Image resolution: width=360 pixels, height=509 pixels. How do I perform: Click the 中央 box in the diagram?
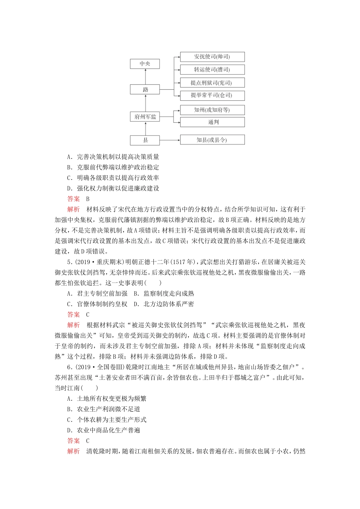click(145, 64)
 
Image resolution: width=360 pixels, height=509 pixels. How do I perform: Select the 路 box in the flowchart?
click(145, 90)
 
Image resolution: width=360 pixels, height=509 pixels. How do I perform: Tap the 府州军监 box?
click(145, 117)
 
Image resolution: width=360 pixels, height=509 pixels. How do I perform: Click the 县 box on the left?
click(145, 141)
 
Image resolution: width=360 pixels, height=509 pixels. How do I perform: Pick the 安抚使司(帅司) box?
click(212, 57)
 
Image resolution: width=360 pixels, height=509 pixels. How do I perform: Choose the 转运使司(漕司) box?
click(212, 70)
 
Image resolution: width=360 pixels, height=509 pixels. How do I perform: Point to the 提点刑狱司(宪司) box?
click(212, 83)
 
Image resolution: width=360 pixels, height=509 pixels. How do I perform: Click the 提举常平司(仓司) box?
click(212, 95)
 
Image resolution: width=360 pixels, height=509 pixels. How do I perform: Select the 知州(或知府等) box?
click(212, 110)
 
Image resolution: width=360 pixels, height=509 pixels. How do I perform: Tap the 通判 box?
click(212, 122)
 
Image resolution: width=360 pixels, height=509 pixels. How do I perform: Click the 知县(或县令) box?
click(212, 140)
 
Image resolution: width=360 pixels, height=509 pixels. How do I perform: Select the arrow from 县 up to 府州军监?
click(145, 129)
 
